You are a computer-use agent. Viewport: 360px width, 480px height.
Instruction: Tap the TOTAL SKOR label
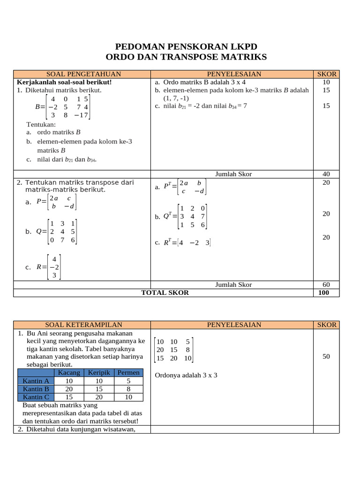[x=165, y=292]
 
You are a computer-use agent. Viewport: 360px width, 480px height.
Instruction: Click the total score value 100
[x=323, y=292]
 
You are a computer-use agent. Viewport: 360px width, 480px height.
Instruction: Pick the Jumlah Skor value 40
[x=326, y=174]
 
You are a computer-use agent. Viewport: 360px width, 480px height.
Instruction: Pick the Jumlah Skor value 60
[x=326, y=285]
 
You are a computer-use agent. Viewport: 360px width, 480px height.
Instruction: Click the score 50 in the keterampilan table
[x=326, y=356]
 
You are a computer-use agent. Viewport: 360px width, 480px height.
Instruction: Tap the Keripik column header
[x=98, y=373]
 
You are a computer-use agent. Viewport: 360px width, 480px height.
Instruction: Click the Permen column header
[x=128, y=373]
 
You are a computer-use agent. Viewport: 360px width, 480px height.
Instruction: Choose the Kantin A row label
[x=36, y=381]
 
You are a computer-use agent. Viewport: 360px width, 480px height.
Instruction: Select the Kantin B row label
[x=36, y=389]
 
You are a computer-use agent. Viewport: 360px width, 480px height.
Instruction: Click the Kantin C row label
[x=36, y=397]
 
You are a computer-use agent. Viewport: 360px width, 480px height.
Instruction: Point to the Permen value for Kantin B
[x=128, y=389]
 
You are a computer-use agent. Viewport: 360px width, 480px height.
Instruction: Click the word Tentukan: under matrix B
[x=41, y=124]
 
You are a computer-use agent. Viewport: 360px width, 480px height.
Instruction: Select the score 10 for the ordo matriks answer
[x=326, y=82]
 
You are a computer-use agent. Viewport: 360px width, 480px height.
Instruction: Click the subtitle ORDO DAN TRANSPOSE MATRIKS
[x=186, y=57]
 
